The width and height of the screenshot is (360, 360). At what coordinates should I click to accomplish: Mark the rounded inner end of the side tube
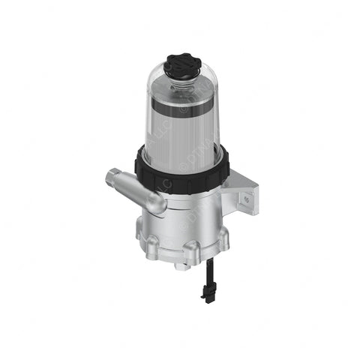coord(158,203)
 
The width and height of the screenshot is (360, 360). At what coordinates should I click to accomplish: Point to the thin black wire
coord(204,274)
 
